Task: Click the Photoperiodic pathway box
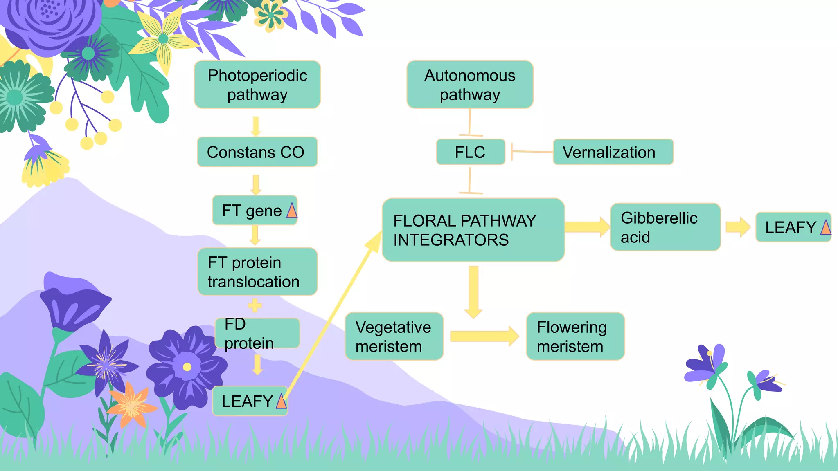pyautogui.click(x=257, y=85)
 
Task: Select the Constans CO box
pyautogui.click(x=257, y=152)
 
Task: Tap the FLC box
pyautogui.click(x=471, y=152)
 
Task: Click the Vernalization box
pyautogui.click(x=613, y=152)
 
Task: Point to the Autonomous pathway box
pyautogui.click(x=470, y=85)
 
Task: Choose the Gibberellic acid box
pyautogui.click(x=665, y=227)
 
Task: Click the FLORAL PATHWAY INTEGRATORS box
pyautogui.click(x=473, y=230)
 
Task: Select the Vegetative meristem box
pyautogui.click(x=394, y=336)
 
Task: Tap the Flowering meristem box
pyautogui.click(x=575, y=336)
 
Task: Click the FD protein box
pyautogui.click(x=257, y=334)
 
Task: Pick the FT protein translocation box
pyautogui.click(x=257, y=272)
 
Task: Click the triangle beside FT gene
pyautogui.click(x=292, y=211)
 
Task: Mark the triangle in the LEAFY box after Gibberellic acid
pyautogui.click(x=826, y=227)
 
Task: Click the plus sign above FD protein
pyautogui.click(x=255, y=305)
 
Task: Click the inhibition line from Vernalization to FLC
pyautogui.click(x=532, y=152)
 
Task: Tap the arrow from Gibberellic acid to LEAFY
pyautogui.click(x=738, y=227)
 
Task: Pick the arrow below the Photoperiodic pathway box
pyautogui.click(x=256, y=126)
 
